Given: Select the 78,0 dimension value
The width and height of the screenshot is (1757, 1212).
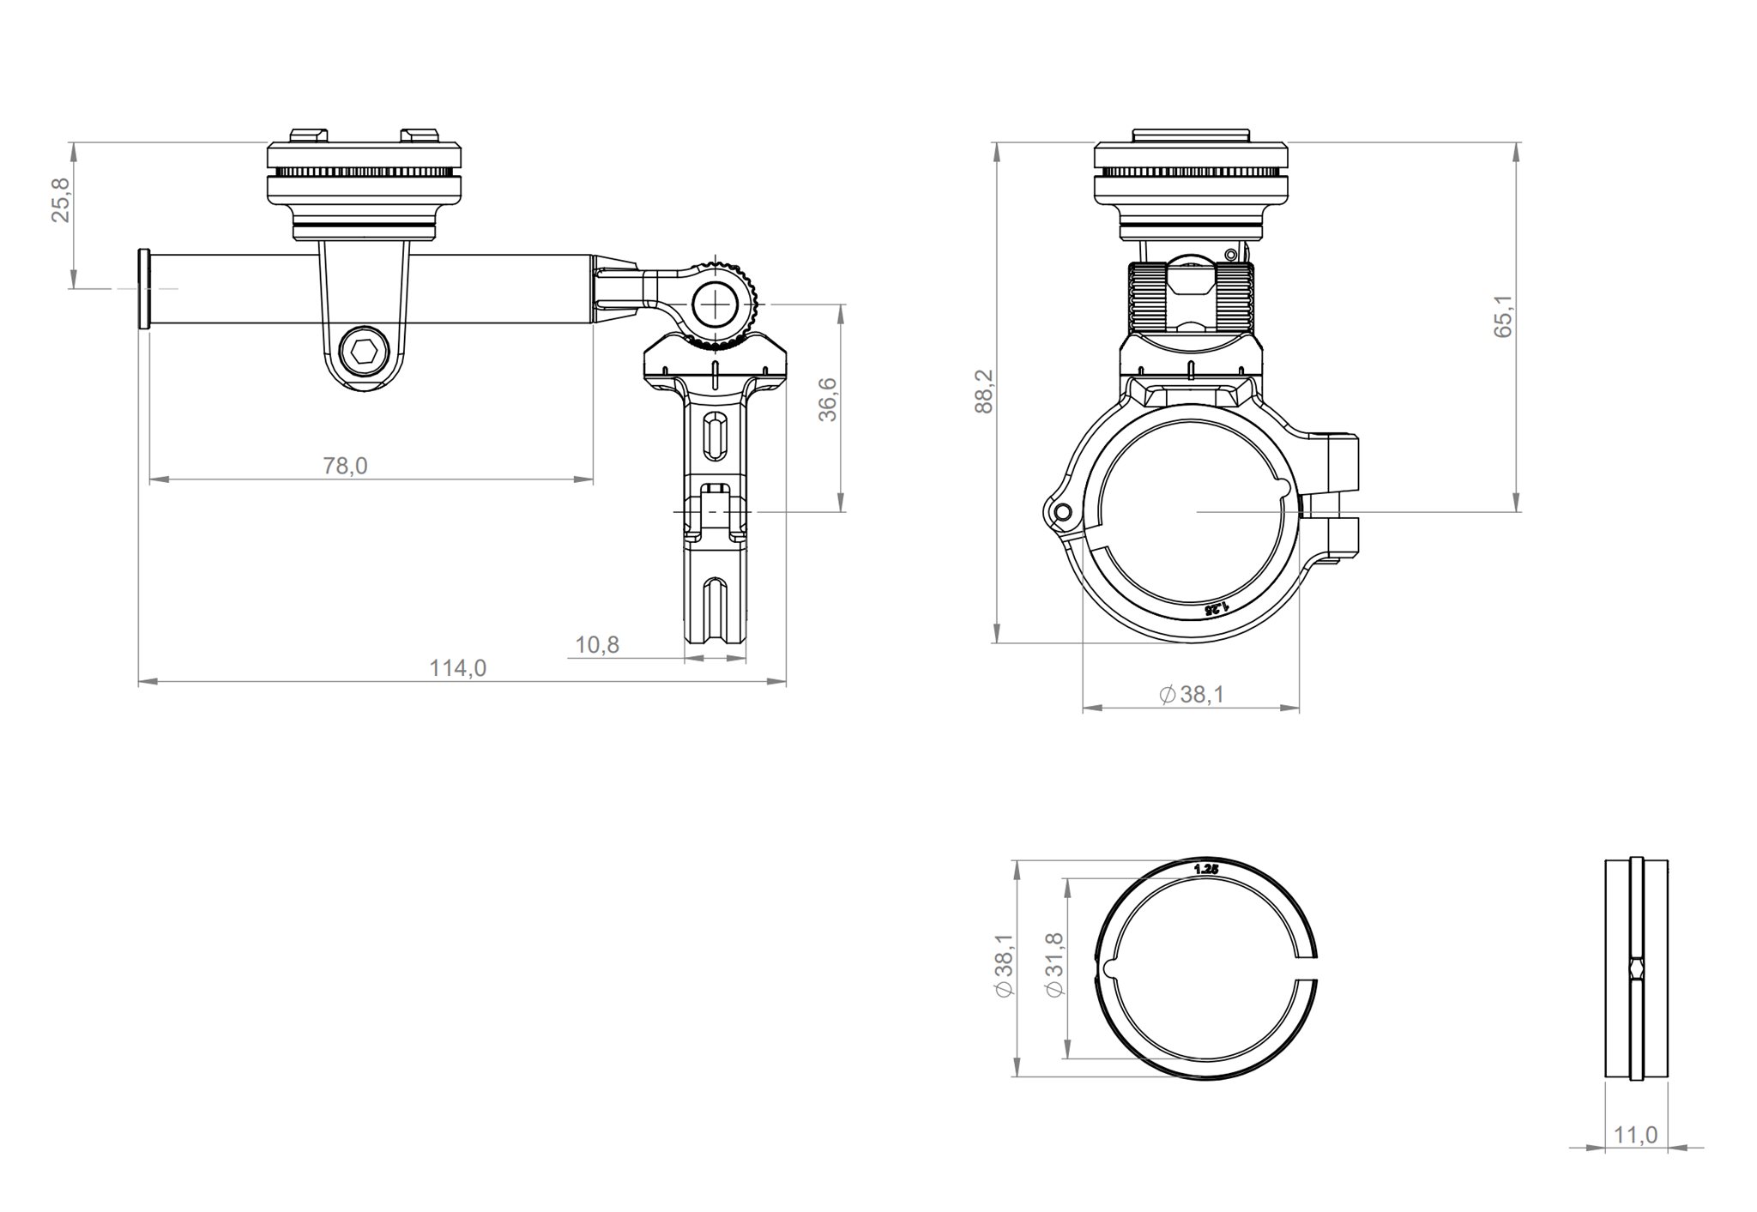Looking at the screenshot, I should [345, 466].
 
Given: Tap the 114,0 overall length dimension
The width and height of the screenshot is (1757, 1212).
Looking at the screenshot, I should [457, 667].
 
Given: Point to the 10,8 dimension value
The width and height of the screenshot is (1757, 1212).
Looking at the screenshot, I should [597, 644].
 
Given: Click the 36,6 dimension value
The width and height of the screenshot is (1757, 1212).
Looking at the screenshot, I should [828, 400].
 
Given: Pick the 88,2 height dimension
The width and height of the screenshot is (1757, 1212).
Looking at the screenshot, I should [984, 391].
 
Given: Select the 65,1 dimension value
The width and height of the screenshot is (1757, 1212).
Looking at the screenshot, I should [1504, 317].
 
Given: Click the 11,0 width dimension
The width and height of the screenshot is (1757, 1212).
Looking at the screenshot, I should [1635, 1135].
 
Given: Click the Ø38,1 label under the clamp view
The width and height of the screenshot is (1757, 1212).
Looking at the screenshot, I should [1192, 695].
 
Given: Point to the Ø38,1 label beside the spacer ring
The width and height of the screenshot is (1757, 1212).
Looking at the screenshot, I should [1005, 967].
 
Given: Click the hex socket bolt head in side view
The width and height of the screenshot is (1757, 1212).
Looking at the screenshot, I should [364, 352].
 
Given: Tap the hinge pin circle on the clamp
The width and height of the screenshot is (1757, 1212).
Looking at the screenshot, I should [1063, 513].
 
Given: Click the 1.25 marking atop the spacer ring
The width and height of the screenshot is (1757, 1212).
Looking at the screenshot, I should [1205, 869].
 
